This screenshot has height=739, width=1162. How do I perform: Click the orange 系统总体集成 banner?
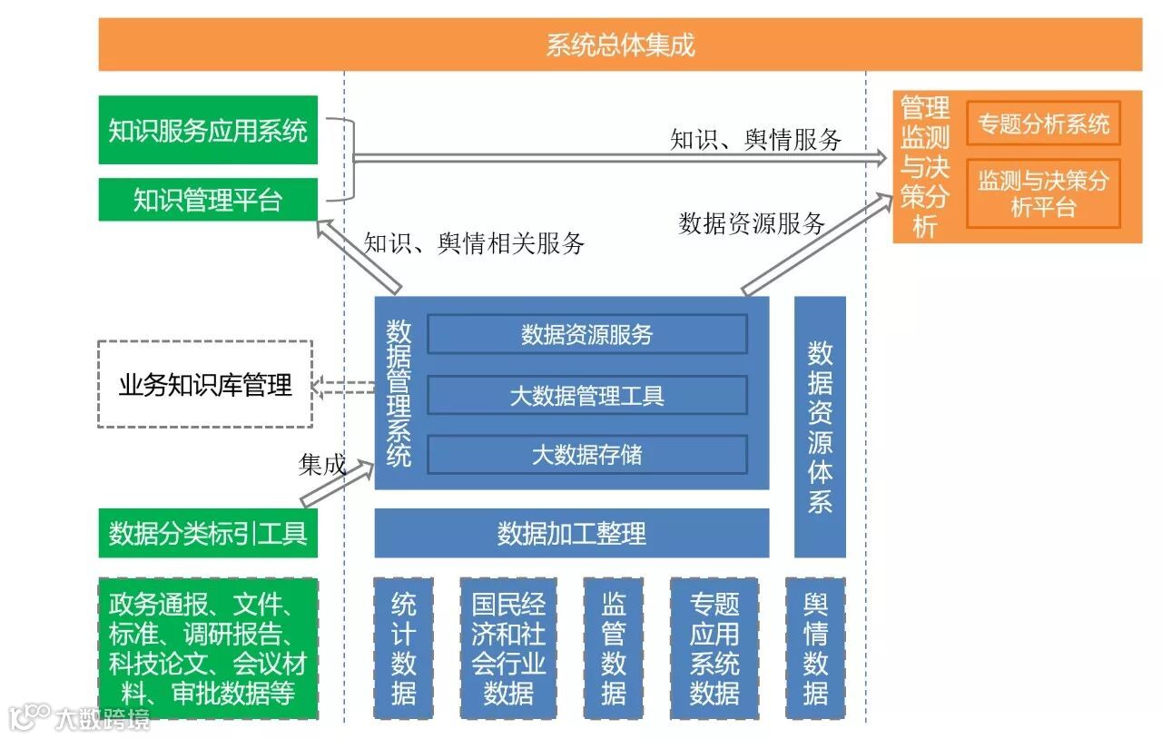(620, 44)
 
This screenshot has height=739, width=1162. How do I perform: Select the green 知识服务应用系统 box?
(208, 131)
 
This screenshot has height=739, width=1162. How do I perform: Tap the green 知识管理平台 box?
(208, 200)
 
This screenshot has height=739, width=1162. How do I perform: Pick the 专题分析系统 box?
(1043, 123)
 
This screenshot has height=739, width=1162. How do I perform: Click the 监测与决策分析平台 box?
(1043, 193)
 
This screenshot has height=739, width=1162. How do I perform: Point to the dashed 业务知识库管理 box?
(205, 384)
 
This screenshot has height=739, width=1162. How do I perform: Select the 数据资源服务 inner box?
(587, 334)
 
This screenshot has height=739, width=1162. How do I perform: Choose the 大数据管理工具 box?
(587, 395)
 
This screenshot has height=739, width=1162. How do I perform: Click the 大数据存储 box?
(587, 454)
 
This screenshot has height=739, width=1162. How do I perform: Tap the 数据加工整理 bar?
(572, 533)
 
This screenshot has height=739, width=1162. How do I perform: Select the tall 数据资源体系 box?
(820, 427)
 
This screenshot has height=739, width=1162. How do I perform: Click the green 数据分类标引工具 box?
(208, 533)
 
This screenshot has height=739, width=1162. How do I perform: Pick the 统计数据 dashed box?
(404, 648)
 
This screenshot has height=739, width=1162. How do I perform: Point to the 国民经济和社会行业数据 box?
(508, 648)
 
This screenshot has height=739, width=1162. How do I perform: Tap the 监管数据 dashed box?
(614, 648)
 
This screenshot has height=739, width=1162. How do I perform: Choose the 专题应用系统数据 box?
(714, 648)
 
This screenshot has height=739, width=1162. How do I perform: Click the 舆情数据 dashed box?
(815, 648)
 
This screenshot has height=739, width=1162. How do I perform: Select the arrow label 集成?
(322, 465)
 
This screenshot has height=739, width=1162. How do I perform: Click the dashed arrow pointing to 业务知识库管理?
(344, 387)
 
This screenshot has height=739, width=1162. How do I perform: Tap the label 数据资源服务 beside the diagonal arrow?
(752, 223)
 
